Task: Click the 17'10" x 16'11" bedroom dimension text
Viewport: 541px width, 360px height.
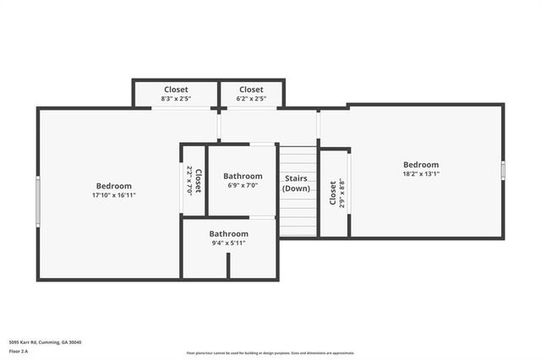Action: [113, 195]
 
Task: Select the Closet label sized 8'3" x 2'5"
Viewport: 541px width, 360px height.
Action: [175, 90]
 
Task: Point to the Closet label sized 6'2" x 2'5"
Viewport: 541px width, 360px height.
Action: [251, 90]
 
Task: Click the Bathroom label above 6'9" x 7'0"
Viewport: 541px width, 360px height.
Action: [243, 176]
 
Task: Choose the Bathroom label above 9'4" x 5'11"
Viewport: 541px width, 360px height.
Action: [229, 233]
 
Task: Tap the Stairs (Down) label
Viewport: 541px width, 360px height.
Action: [296, 183]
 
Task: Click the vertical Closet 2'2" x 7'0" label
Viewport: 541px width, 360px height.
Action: [194, 181]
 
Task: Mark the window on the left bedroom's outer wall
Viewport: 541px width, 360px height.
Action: [37, 201]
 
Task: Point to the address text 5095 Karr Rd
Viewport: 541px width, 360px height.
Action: [45, 342]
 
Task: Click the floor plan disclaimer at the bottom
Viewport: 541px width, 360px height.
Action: [270, 353]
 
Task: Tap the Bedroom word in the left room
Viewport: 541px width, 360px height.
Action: [113, 186]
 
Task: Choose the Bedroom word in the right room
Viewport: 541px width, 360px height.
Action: [420, 165]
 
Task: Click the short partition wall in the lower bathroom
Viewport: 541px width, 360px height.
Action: [228, 265]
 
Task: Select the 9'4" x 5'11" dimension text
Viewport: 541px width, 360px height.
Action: [229, 243]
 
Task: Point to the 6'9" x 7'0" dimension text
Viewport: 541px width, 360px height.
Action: [243, 186]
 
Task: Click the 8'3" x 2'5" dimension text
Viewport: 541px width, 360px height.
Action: [175, 100]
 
